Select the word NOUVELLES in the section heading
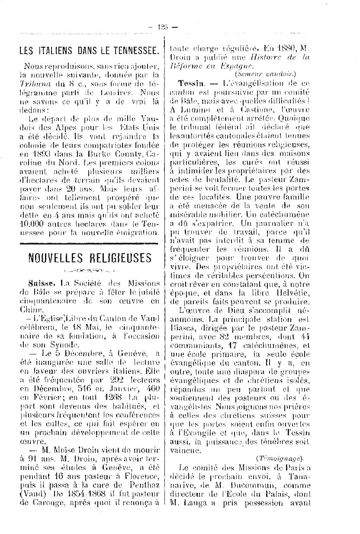(54, 258)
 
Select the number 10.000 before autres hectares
(35, 225)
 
